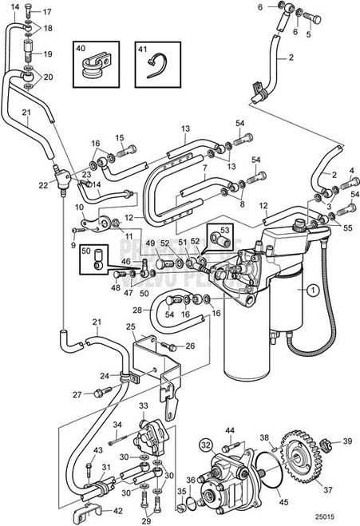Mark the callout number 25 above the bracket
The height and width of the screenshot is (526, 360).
[x=130, y=326]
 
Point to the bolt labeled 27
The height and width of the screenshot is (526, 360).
[x=98, y=392]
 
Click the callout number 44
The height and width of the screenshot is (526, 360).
[x=230, y=432]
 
